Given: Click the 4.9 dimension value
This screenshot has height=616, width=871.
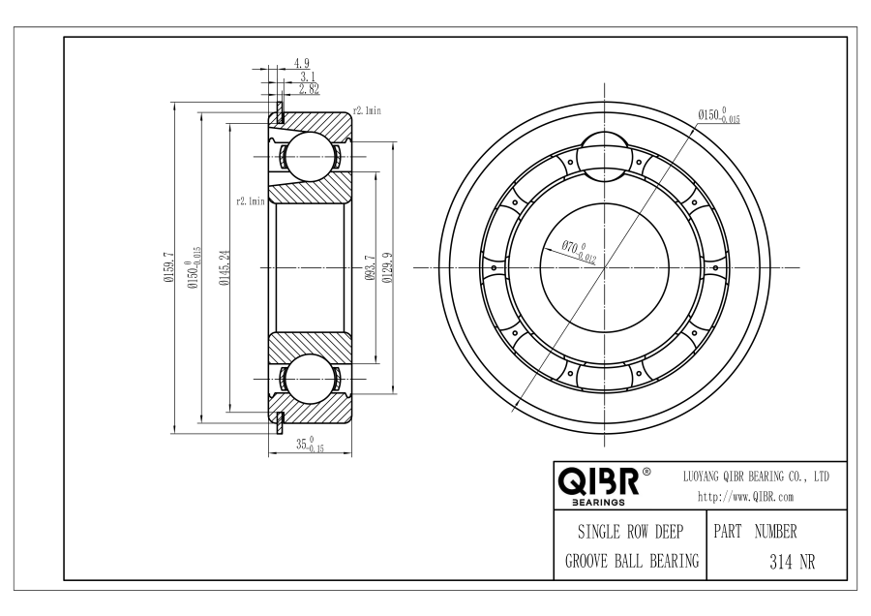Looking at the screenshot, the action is coord(302,63).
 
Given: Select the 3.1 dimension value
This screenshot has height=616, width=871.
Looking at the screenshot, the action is coord(308,77).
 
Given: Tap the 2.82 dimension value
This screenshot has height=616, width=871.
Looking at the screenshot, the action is coord(310,89).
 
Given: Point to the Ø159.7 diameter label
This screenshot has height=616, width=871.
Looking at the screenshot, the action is coord(168,267).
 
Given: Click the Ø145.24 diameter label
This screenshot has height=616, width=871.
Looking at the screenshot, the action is coord(225,267).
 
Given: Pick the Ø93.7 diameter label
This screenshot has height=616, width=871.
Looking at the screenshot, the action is coord(370,267).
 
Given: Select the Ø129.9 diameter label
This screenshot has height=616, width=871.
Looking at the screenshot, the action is coord(388,267).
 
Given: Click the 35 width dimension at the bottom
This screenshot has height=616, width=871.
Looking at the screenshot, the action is coord(310,445).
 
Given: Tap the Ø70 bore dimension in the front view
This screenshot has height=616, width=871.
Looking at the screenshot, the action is coord(579,251).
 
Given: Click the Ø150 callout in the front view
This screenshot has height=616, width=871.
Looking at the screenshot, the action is coord(719,115).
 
